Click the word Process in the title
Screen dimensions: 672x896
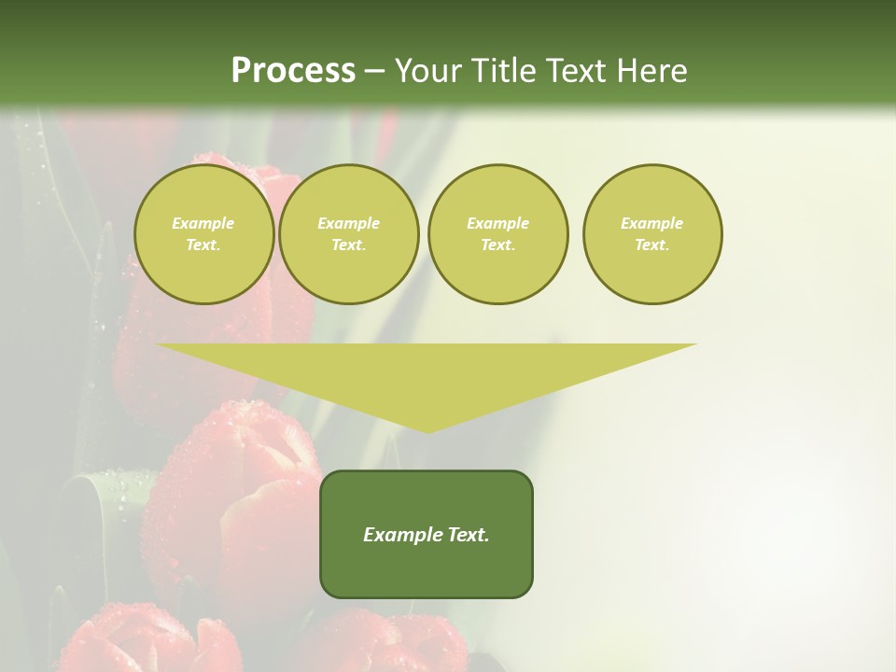293,71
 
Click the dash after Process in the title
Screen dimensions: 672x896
374,72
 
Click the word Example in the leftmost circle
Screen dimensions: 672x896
203,223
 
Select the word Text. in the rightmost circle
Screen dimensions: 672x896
651,245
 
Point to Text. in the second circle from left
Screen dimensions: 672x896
348,245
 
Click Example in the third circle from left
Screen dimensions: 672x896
497,223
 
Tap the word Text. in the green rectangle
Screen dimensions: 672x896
468,535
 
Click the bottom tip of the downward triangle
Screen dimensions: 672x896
427,430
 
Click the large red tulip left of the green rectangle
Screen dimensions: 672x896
233,495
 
